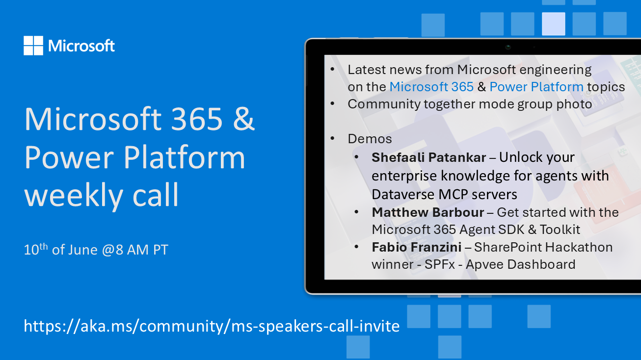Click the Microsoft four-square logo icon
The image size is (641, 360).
pos(33,46)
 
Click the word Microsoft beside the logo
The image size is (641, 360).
pos(81,46)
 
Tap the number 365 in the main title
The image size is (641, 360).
pos(197,119)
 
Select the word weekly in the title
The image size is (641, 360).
pos(74,196)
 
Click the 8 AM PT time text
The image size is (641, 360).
pos(142,250)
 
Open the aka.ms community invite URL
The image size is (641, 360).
pos(212,326)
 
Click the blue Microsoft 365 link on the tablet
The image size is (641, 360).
pos(431,87)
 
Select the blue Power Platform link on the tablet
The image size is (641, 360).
pos(536,87)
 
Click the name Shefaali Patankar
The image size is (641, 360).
pos(428,157)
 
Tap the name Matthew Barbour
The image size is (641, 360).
pos(428,212)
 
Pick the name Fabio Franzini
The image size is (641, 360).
pos(416,247)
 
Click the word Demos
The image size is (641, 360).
pos(370,139)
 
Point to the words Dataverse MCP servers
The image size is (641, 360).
pos(444,195)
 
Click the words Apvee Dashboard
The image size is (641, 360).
pos(521,264)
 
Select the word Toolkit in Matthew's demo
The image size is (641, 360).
pos(560,230)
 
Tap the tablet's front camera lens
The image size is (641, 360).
pos(508,47)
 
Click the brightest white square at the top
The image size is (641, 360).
pos(554,24)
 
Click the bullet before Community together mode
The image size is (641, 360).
pos(332,103)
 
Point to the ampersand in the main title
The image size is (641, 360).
pos(243,119)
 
